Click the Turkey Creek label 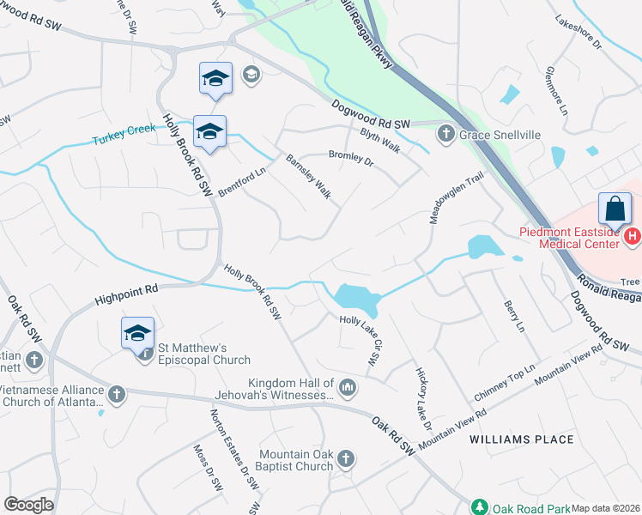click(x=125, y=133)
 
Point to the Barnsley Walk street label click(x=308, y=176)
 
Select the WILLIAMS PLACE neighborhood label click(x=522, y=439)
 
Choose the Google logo click(x=28, y=505)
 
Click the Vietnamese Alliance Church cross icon click(x=116, y=394)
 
